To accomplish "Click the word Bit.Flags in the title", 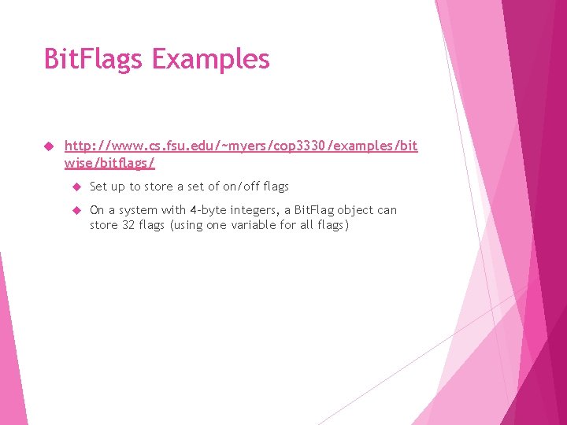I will click(93, 59).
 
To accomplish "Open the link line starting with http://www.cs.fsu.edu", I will click(240, 146).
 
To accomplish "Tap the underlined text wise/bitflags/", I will click(109, 163).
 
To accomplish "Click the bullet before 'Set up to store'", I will click(77, 187).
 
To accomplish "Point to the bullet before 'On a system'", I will click(77, 210).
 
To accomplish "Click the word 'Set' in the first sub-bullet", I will click(98, 187).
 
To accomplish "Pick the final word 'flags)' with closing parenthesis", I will click(332, 226).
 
